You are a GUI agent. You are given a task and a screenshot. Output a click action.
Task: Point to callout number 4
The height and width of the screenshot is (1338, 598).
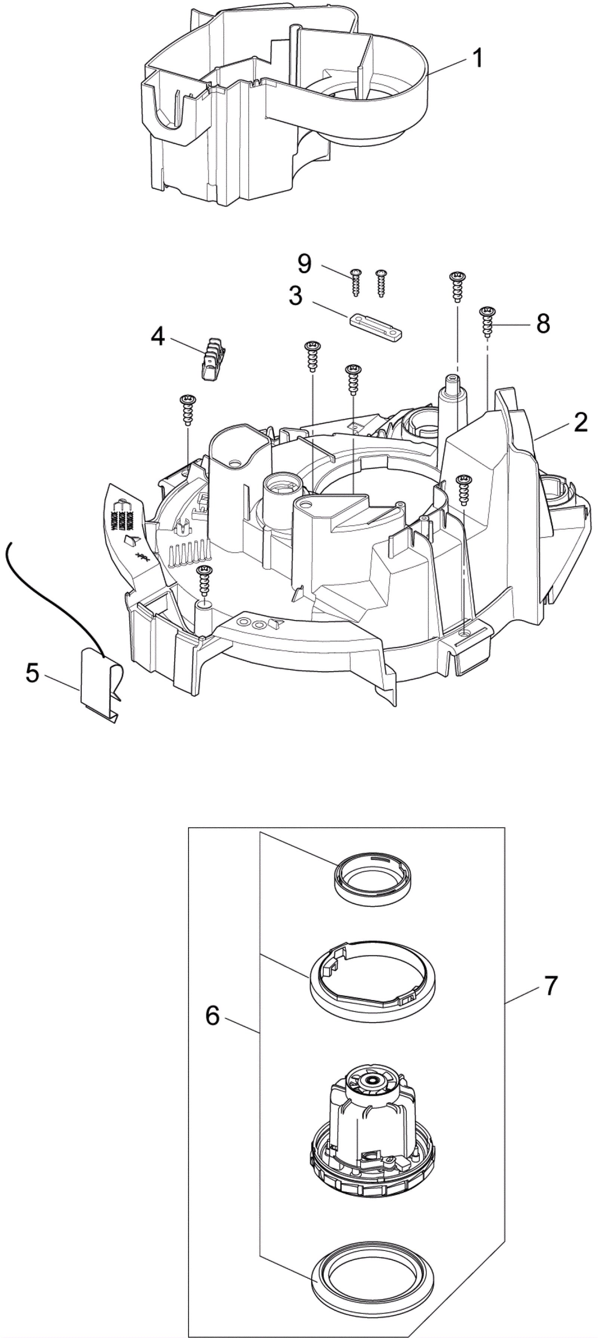pyautogui.click(x=158, y=337)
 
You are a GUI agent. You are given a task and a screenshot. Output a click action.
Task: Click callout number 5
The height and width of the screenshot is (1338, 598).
pyautogui.click(x=32, y=674)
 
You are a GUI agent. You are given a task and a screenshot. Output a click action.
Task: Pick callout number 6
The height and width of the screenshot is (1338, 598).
pyautogui.click(x=213, y=1015)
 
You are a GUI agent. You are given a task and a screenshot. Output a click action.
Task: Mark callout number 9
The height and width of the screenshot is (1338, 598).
pyautogui.click(x=305, y=264)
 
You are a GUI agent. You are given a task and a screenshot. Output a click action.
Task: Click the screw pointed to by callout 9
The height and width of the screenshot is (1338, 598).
pyautogui.click(x=356, y=282)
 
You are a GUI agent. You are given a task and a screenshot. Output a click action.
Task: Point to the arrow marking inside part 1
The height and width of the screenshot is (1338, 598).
pyautogui.click(x=335, y=75)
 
